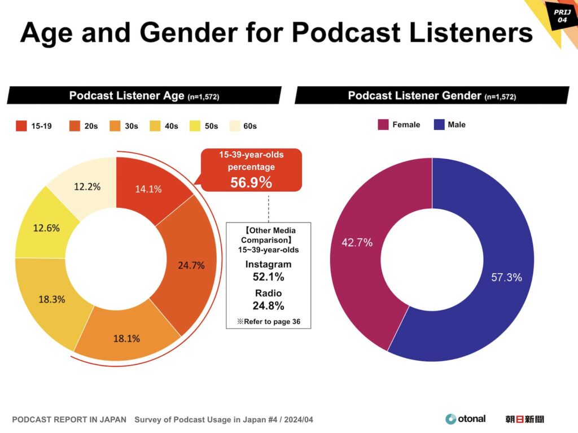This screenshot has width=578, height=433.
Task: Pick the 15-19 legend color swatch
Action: [21, 126]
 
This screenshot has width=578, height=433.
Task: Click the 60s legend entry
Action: [243, 126]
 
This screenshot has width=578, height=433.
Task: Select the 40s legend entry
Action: [164, 126]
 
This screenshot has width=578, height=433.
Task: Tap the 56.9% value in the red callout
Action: [251, 182]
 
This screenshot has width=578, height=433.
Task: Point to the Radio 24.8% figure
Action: [268, 306]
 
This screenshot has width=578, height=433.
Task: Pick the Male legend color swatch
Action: [439, 125]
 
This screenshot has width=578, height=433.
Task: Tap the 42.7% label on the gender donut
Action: [357, 243]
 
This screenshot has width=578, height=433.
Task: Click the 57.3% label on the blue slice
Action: [506, 277]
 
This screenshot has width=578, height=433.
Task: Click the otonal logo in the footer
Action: [465, 419]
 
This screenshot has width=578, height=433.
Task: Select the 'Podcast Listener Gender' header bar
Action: [432, 95]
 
